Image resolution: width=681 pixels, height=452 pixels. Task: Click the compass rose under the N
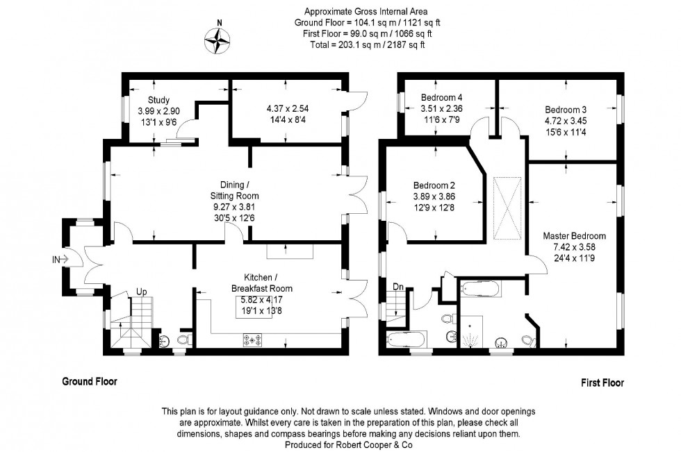(x=218, y=42)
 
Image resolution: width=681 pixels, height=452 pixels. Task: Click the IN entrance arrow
(x=61, y=260)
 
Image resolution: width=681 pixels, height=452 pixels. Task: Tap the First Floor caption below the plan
(x=602, y=383)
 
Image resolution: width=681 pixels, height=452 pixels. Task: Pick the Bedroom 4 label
(x=441, y=98)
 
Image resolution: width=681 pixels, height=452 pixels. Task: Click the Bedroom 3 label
(x=565, y=110)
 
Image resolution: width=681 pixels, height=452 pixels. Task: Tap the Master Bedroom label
(x=574, y=236)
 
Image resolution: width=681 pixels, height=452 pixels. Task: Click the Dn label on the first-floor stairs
(x=397, y=285)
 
